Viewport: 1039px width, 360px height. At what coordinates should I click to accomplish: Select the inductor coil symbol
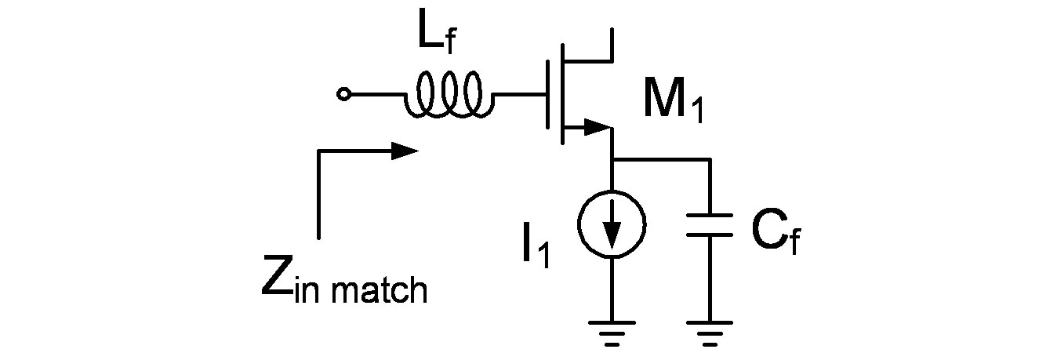click(x=449, y=95)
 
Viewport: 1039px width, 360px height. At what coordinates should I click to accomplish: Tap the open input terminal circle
click(x=342, y=95)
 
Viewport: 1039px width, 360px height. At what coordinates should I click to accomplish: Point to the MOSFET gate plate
click(x=547, y=95)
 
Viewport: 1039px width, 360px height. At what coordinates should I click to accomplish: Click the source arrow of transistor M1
click(x=596, y=125)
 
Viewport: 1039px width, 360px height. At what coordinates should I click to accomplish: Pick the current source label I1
click(x=536, y=248)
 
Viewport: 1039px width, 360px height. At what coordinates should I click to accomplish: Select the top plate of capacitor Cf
click(x=710, y=214)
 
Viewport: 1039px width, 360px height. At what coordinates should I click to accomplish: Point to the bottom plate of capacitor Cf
click(x=710, y=235)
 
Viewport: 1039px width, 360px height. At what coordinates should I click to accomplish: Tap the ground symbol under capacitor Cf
click(x=710, y=329)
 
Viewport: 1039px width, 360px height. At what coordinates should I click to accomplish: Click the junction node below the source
click(x=612, y=159)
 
